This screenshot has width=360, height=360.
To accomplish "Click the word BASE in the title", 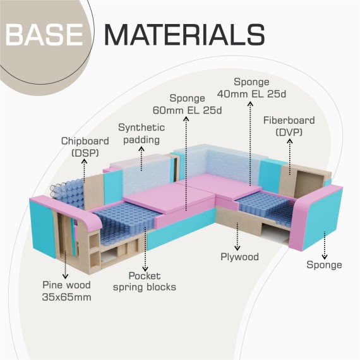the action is click(44, 35).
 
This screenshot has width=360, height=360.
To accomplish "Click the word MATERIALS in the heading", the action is click(185, 35).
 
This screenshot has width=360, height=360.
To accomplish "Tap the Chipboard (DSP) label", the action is click(85, 147).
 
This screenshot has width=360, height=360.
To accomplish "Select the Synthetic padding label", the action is click(141, 134).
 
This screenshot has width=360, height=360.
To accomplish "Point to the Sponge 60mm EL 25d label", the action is click(187, 104).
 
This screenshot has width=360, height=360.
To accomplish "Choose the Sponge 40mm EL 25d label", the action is click(251, 88).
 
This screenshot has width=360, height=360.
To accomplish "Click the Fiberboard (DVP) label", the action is click(289, 126).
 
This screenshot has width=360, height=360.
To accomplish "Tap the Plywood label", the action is click(239, 256).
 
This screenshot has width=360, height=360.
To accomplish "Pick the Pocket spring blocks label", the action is click(145, 282).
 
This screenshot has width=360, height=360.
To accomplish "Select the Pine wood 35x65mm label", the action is click(66, 291).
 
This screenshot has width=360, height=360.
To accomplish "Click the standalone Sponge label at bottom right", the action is click(324, 265).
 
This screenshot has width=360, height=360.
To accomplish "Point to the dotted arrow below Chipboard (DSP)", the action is click(85, 171).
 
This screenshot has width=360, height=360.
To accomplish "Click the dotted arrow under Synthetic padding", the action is click(141, 159).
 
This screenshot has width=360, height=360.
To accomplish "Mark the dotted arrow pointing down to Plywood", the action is click(237, 236).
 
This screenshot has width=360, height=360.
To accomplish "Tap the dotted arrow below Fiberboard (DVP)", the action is click(290, 157).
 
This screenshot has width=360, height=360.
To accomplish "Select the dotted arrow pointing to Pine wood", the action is click(66, 265).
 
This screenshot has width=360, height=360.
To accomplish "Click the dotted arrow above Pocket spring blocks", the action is click(145, 249).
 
